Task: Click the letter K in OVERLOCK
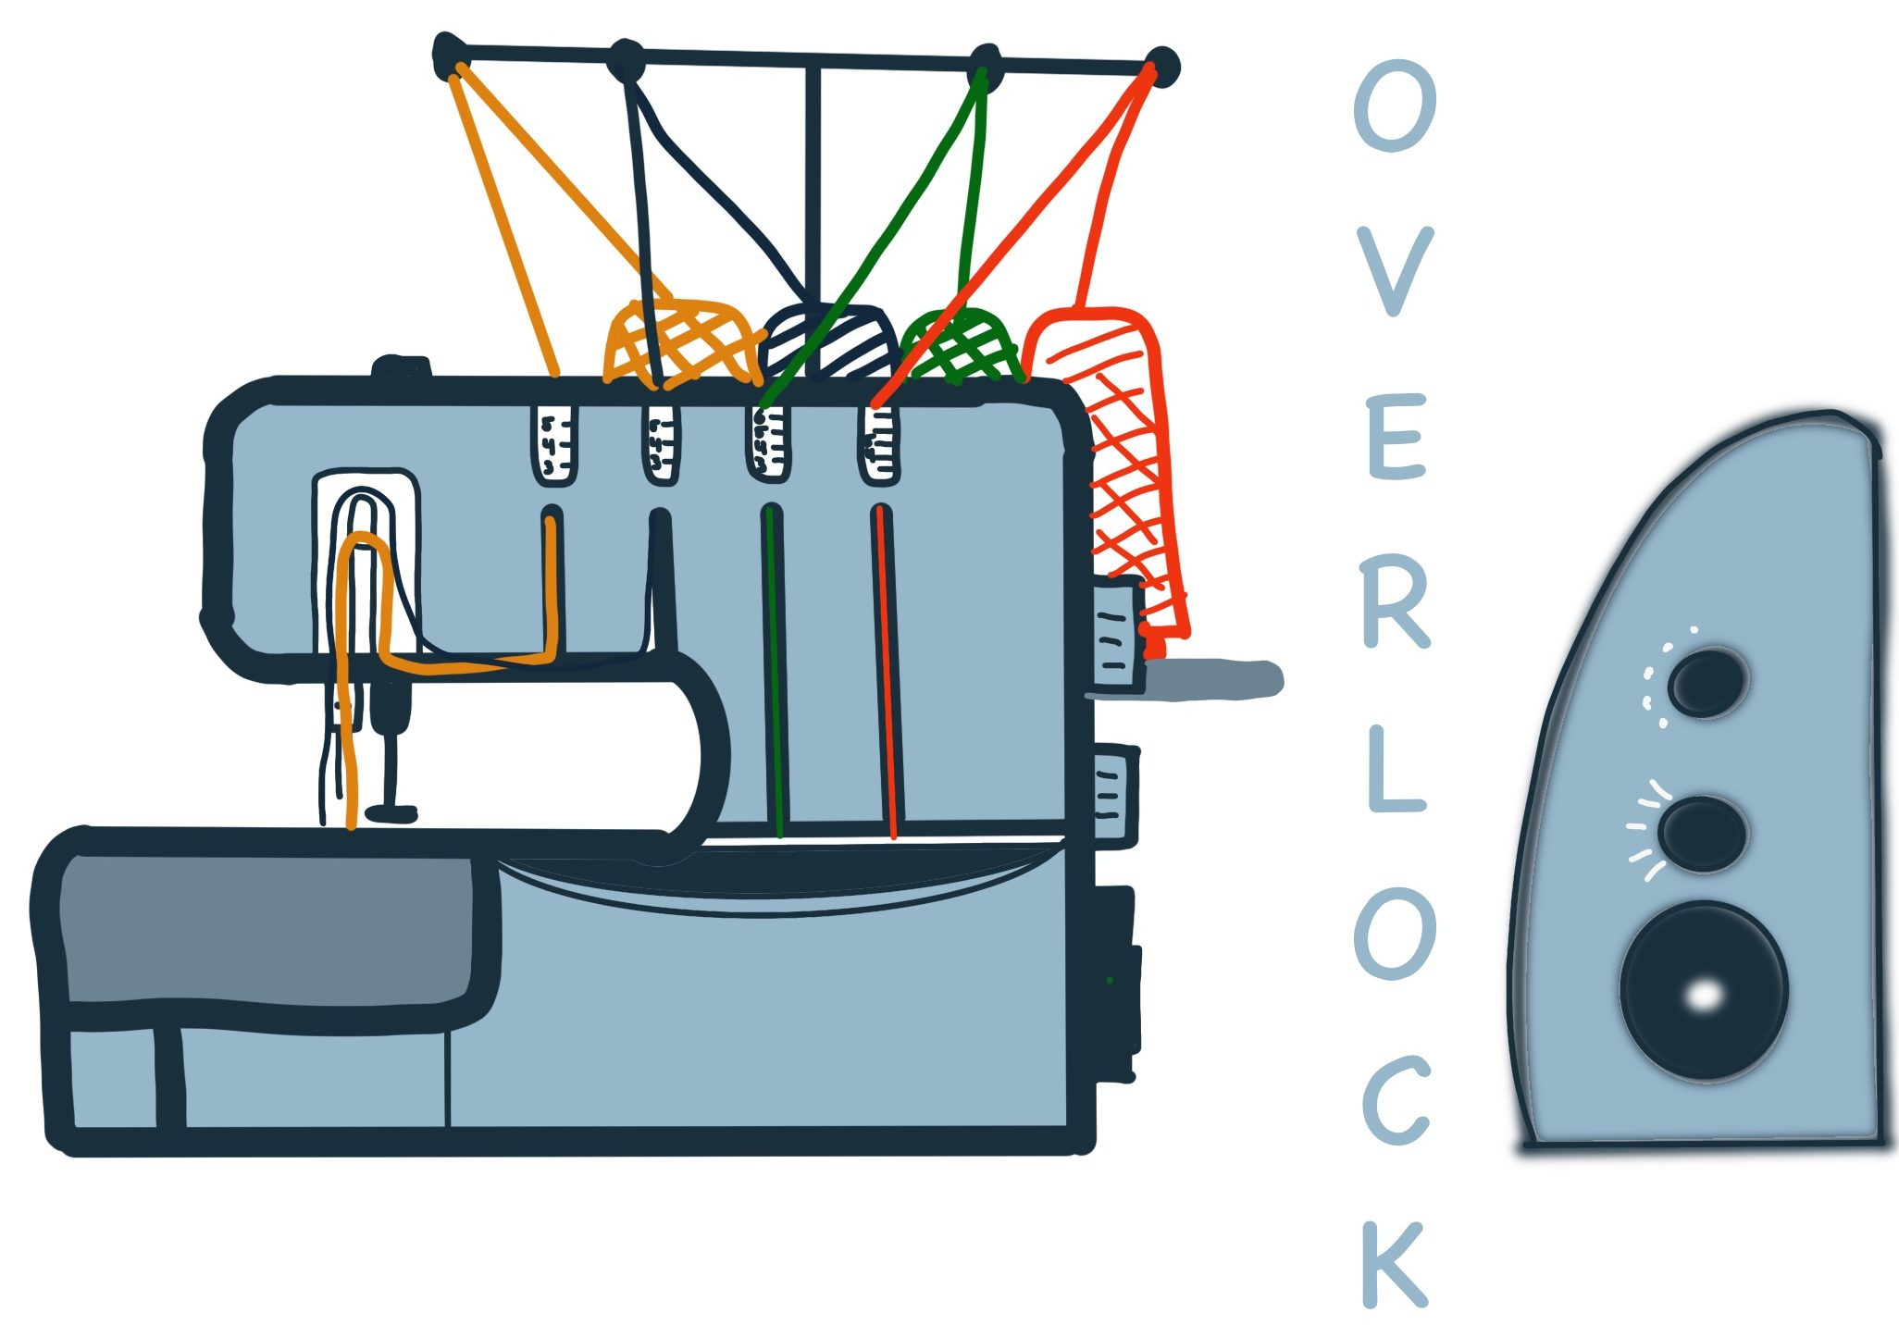tap(1396, 1263)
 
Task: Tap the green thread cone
tap(962, 346)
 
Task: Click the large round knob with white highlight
tap(1703, 990)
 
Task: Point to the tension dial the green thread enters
tap(769, 444)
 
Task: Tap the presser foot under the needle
tap(391, 812)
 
